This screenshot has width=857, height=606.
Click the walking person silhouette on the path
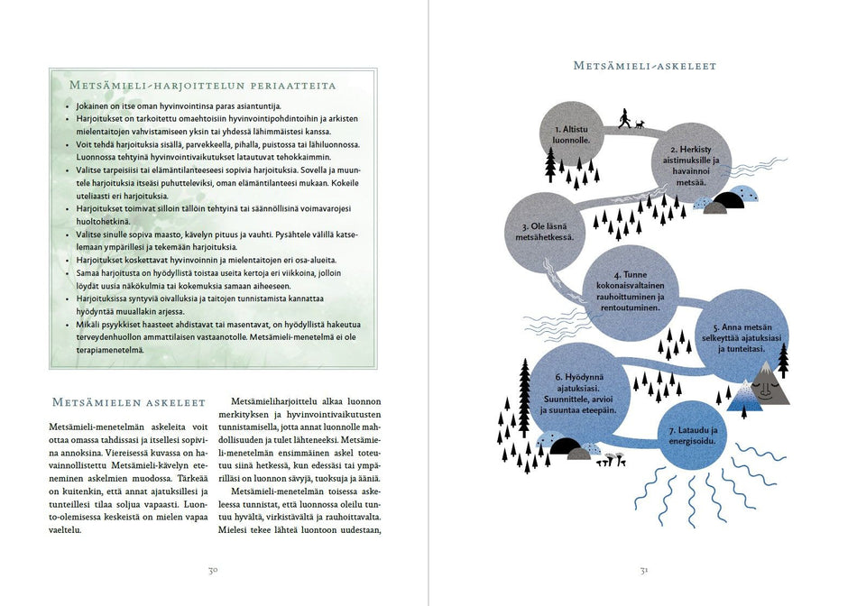(x=624, y=118)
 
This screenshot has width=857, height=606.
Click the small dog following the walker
(x=640, y=124)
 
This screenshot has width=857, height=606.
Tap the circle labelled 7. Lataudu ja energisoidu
(x=692, y=436)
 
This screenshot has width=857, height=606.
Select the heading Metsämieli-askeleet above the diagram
(x=645, y=66)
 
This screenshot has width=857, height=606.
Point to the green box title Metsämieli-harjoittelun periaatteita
(x=202, y=86)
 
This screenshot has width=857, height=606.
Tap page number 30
(x=214, y=570)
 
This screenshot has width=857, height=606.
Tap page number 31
(x=644, y=570)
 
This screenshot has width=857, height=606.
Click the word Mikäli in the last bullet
(x=88, y=322)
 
